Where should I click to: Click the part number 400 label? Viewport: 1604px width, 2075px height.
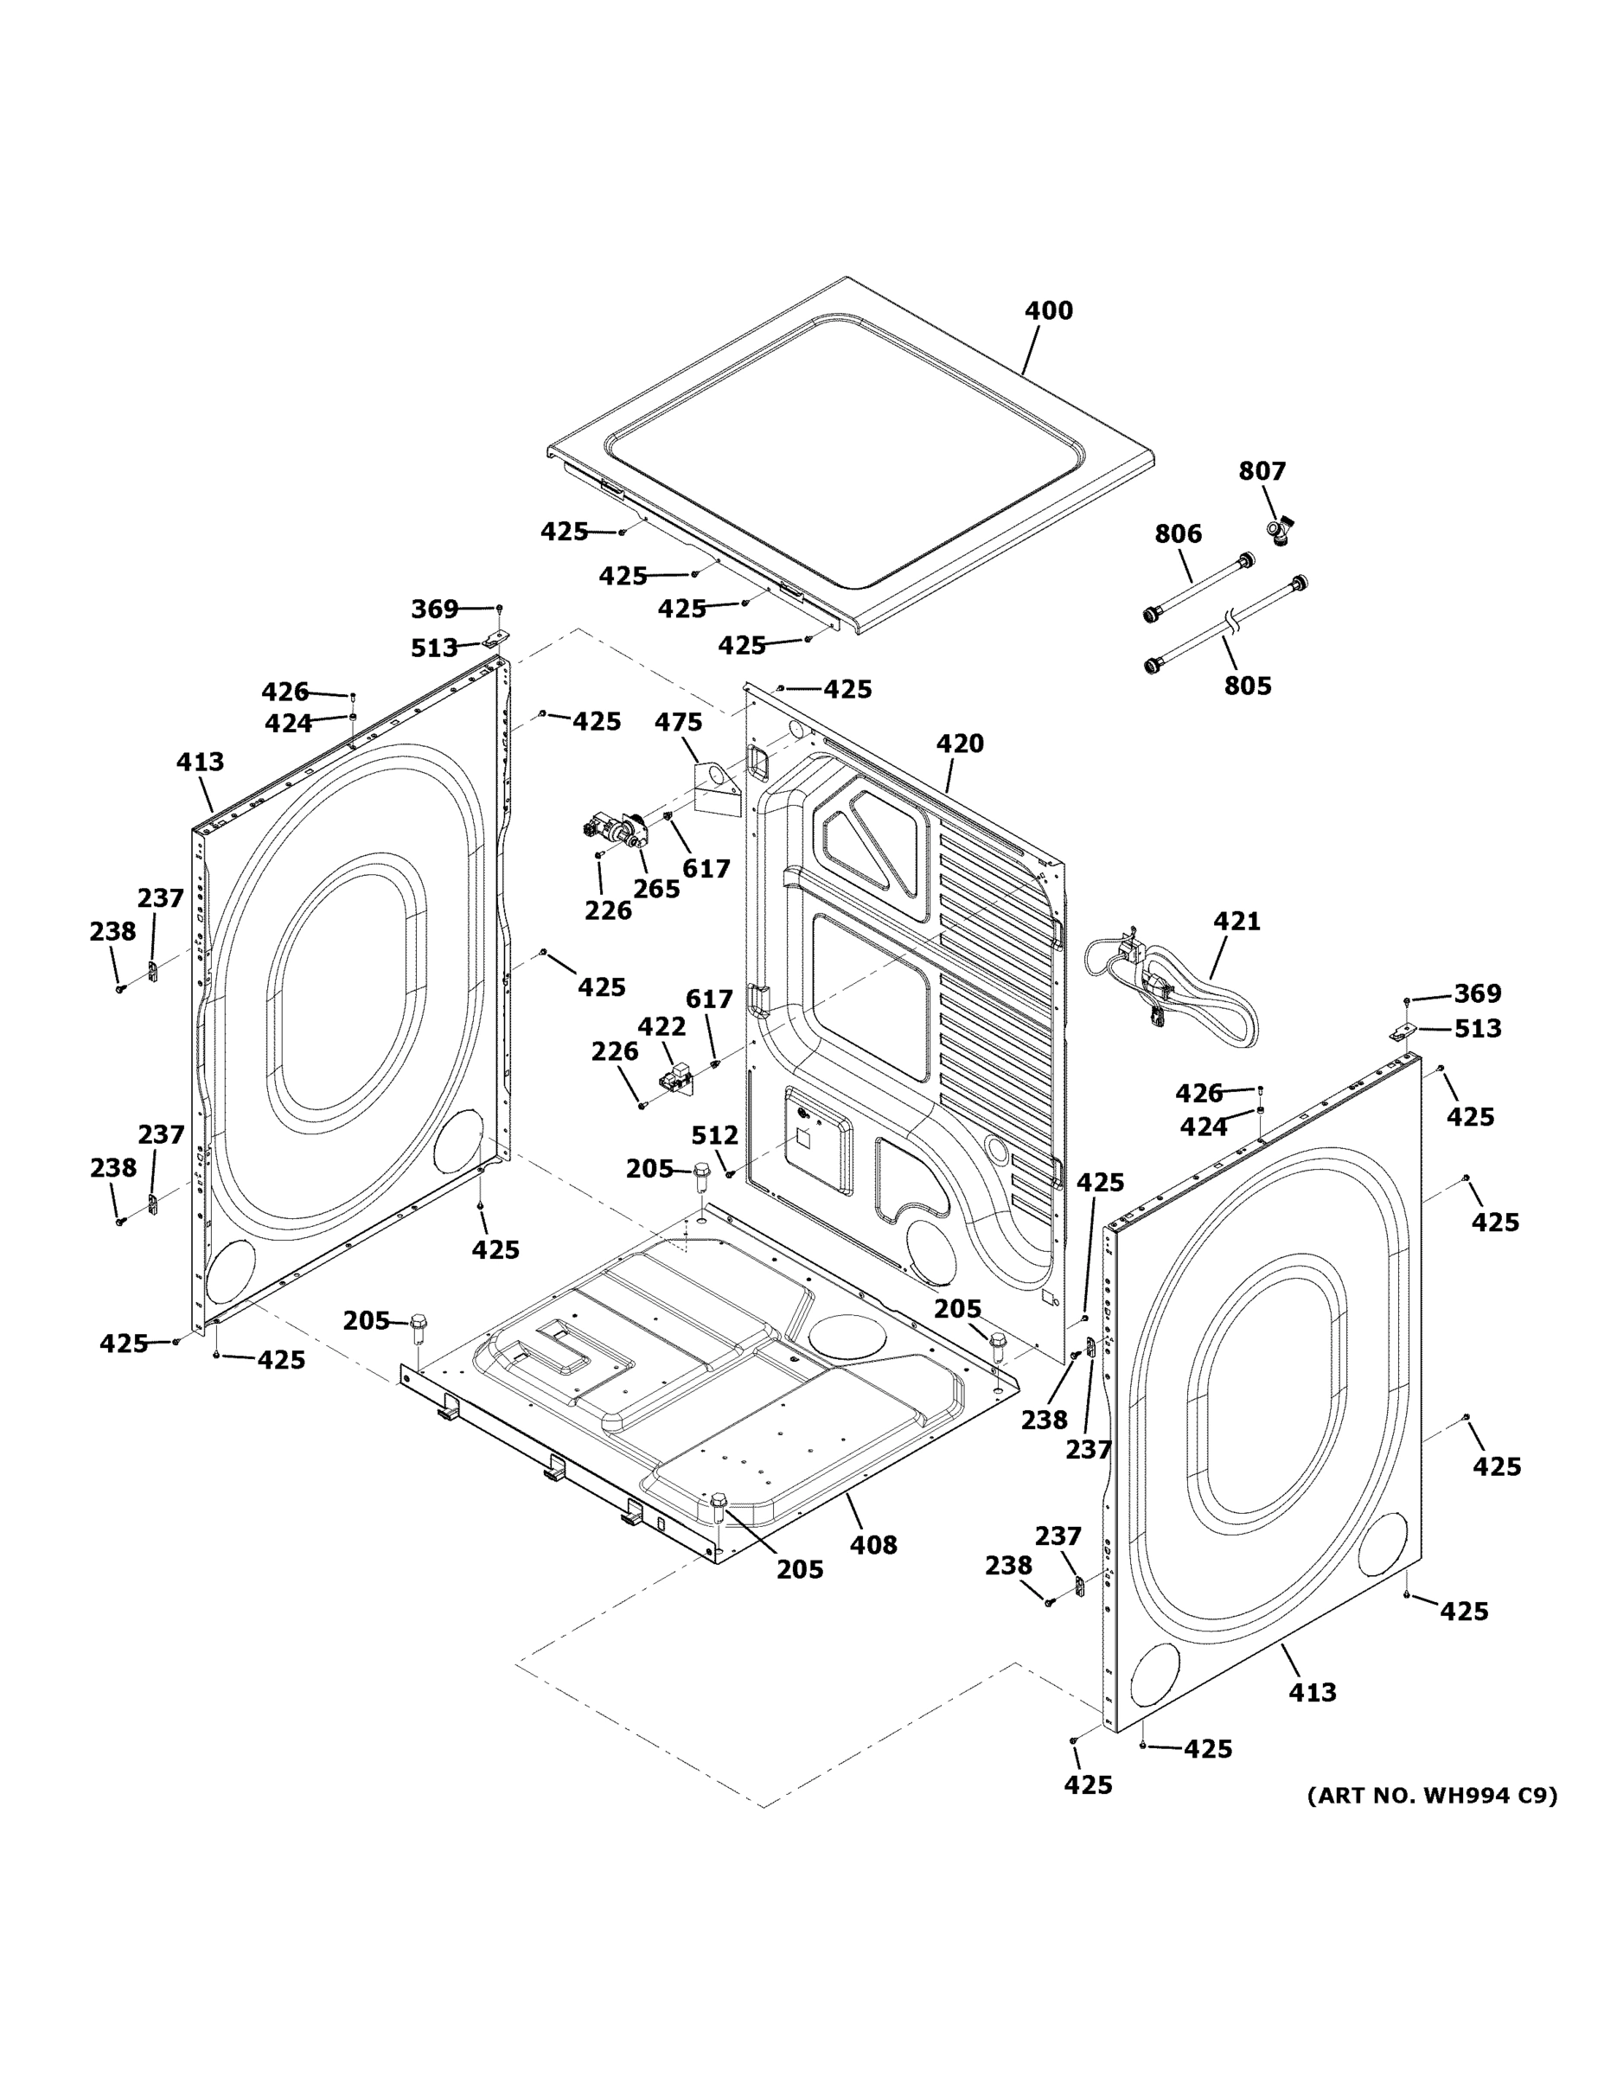1048,310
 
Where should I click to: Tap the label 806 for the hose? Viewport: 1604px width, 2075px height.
1178,534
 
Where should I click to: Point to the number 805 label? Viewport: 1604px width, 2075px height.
1247,686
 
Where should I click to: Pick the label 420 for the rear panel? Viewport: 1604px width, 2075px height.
960,744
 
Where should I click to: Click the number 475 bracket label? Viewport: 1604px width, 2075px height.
678,722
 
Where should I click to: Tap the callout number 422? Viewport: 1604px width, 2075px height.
661,1026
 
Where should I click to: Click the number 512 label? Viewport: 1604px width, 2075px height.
713,1135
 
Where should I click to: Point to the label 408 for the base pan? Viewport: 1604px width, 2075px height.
872,1546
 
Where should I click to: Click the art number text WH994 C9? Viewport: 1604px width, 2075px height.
1432,1796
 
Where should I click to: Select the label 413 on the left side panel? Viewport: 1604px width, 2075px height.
200,762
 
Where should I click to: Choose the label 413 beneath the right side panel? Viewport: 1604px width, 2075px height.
1312,1692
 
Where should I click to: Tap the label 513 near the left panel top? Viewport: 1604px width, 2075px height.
434,648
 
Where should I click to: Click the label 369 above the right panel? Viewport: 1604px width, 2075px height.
1478,993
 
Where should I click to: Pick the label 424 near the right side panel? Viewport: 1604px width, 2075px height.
1203,1127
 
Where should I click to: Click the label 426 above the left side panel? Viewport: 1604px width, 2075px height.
285,692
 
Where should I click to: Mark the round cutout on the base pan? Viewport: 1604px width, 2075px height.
847,1335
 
